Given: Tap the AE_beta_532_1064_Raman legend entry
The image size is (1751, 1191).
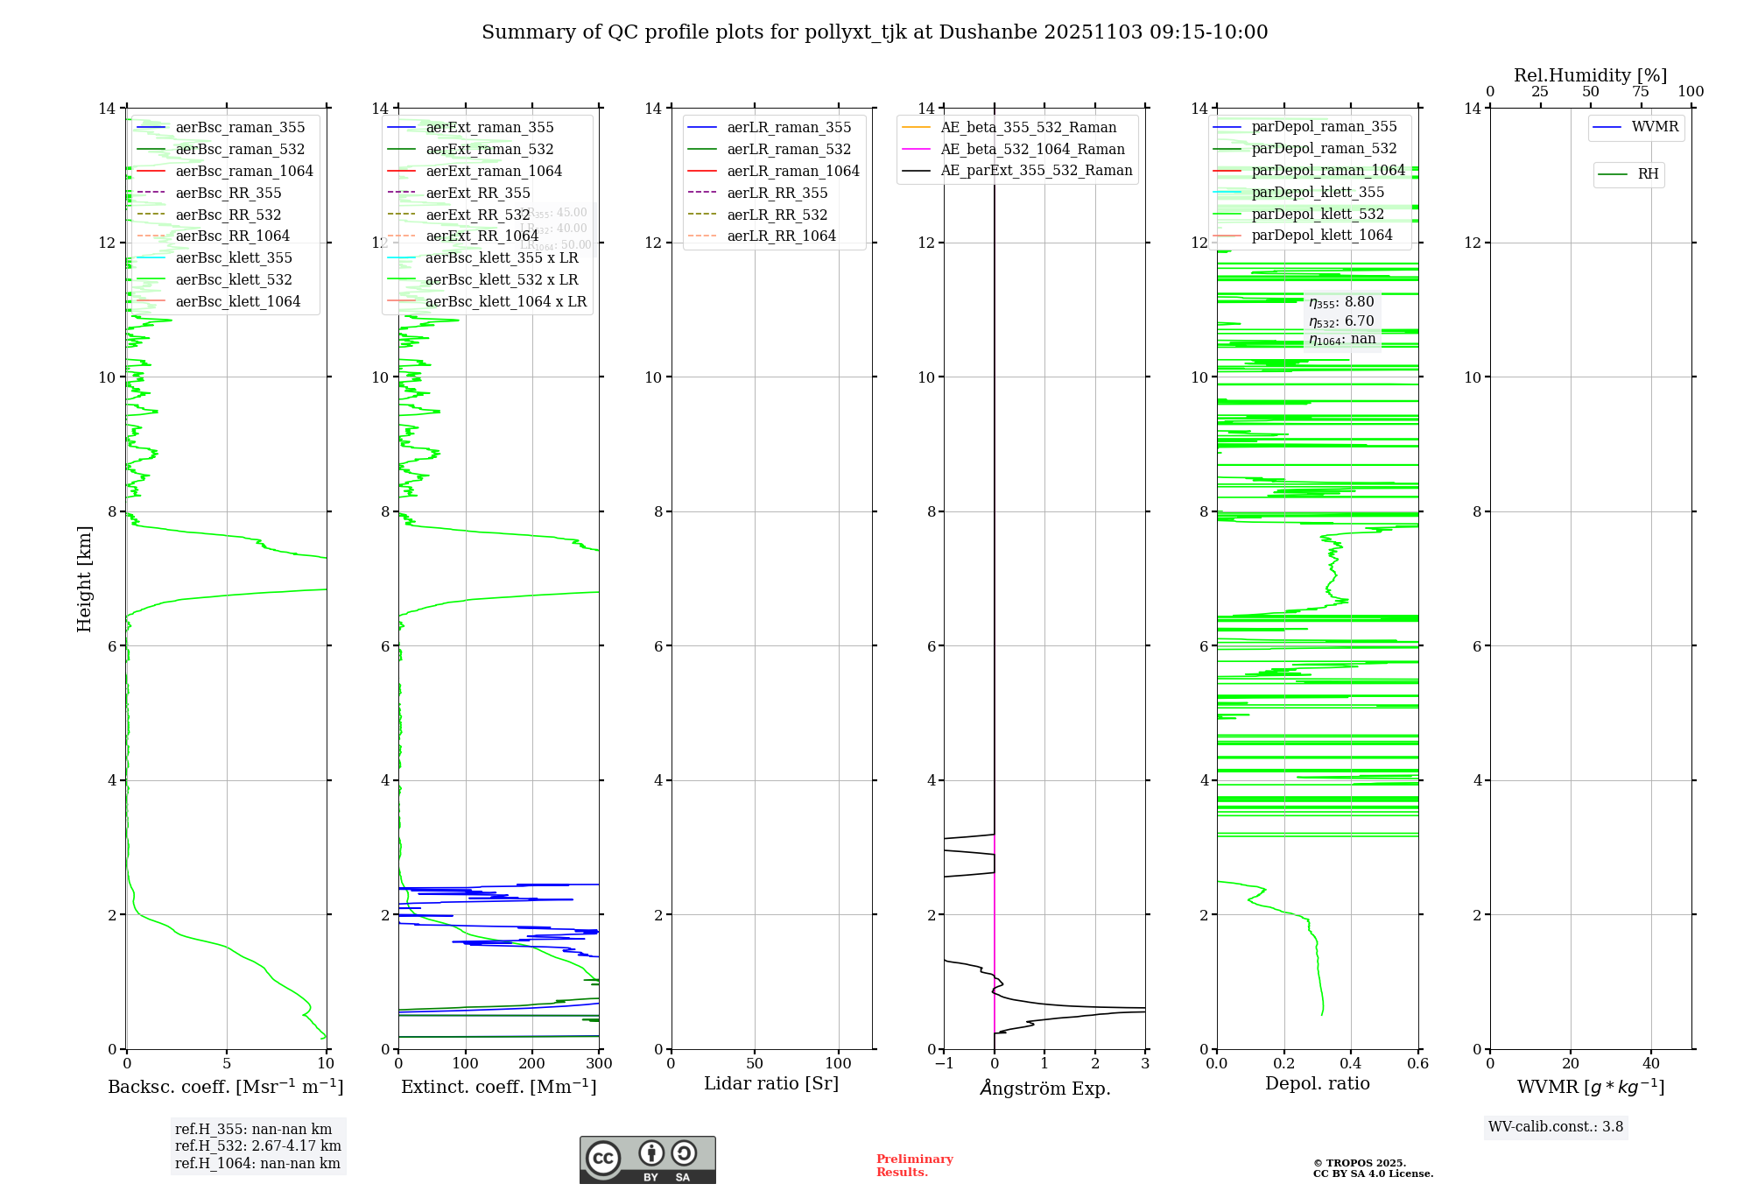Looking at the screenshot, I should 1032,150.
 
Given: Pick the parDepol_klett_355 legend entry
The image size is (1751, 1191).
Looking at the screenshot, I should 1318,193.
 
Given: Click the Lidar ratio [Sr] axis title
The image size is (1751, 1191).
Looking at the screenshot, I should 771,1084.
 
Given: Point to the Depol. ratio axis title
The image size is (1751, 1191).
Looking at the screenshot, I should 1318,1084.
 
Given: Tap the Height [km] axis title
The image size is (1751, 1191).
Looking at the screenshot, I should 84,579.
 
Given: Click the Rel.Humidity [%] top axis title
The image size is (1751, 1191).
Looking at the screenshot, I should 1591,75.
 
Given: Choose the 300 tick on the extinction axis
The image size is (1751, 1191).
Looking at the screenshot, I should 599,1064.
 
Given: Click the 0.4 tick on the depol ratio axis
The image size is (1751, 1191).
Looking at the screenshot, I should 1351,1064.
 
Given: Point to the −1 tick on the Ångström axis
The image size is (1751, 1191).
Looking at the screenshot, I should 944,1064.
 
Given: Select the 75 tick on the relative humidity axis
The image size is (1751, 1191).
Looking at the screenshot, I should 1641,92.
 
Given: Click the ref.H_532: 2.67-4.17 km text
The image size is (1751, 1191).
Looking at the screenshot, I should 258,1146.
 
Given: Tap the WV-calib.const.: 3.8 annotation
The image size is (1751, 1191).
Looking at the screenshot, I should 1556,1127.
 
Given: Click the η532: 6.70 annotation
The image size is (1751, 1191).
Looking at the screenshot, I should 1342,321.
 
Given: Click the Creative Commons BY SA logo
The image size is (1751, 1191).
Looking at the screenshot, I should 648,1160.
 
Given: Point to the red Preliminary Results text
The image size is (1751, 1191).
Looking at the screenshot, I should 915,1166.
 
